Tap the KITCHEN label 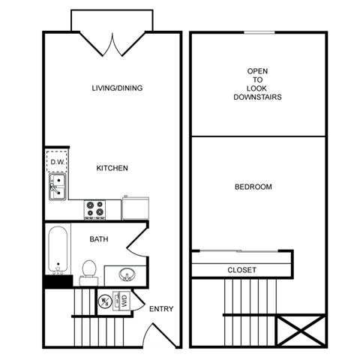point(112,168)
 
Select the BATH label point(99,240)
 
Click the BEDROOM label point(253,187)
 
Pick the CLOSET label point(241,270)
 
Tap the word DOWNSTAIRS point(257,97)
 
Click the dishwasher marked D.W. point(57,160)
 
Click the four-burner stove point(94,208)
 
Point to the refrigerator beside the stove point(136,208)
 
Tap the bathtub point(57,251)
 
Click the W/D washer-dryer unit point(123,301)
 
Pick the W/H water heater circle point(106,302)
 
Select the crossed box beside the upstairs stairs point(299,330)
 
